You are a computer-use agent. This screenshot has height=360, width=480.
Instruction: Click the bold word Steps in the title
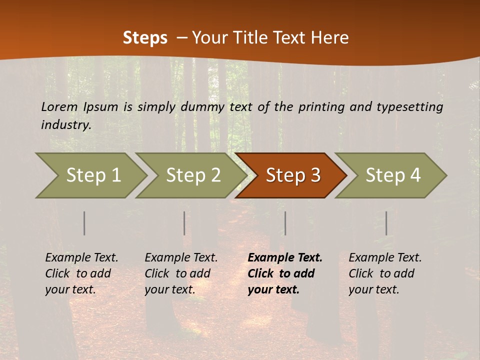click(145, 38)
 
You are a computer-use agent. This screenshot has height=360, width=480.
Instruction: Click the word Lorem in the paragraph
click(59, 106)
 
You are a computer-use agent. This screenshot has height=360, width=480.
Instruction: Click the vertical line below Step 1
click(84, 223)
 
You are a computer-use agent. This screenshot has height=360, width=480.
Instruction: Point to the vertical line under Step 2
click(184, 223)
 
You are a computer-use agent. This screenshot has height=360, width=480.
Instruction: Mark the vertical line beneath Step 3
click(285, 223)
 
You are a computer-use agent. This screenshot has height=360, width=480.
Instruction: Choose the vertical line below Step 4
click(386, 223)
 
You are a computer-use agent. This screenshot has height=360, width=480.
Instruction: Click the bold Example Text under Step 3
click(285, 258)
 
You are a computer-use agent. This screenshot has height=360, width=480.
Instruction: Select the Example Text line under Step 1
click(81, 258)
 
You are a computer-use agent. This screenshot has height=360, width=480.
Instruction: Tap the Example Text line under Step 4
click(385, 258)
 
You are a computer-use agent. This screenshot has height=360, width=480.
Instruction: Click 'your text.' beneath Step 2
click(169, 289)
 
